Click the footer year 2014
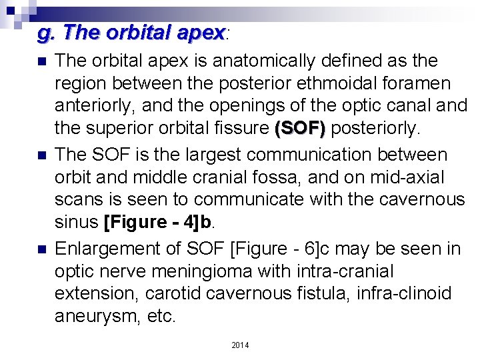tap(240, 345)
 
